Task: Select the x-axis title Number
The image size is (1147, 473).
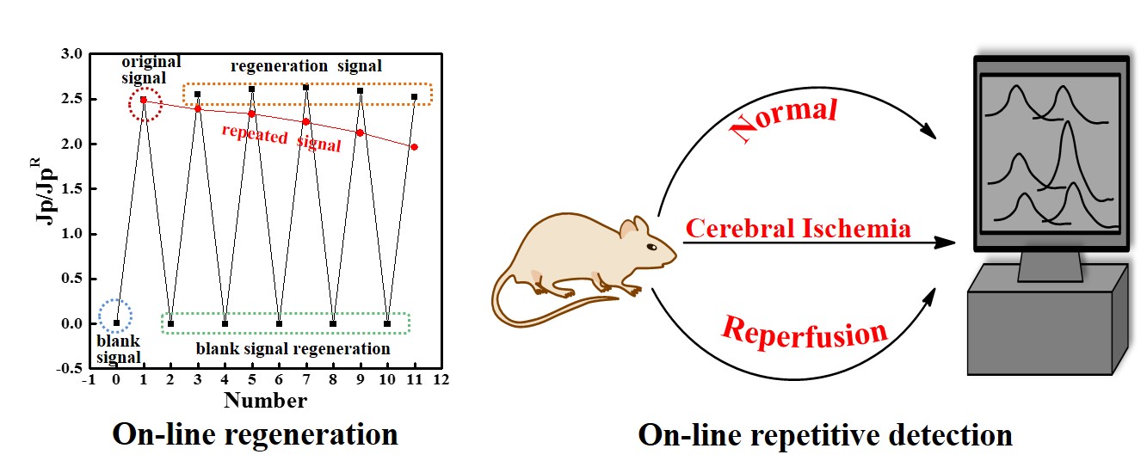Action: [x=265, y=400]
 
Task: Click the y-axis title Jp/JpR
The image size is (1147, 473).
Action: [x=43, y=211]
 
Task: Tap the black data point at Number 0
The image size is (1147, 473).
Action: [x=116, y=323]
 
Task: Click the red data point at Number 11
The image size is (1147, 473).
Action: [x=414, y=147]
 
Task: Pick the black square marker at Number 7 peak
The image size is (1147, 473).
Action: [x=305, y=88]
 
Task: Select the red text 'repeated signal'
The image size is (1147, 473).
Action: [x=281, y=138]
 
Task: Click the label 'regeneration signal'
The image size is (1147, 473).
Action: [x=306, y=66]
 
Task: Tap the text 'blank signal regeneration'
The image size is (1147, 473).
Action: [x=293, y=349]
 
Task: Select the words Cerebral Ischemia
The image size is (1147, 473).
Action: [x=798, y=229]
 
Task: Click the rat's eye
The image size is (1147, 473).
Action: [x=651, y=247]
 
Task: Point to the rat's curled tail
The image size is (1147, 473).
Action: [x=533, y=301]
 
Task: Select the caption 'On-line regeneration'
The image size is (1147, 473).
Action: [x=256, y=434]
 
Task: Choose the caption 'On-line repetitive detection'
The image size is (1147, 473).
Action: [x=824, y=436]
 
